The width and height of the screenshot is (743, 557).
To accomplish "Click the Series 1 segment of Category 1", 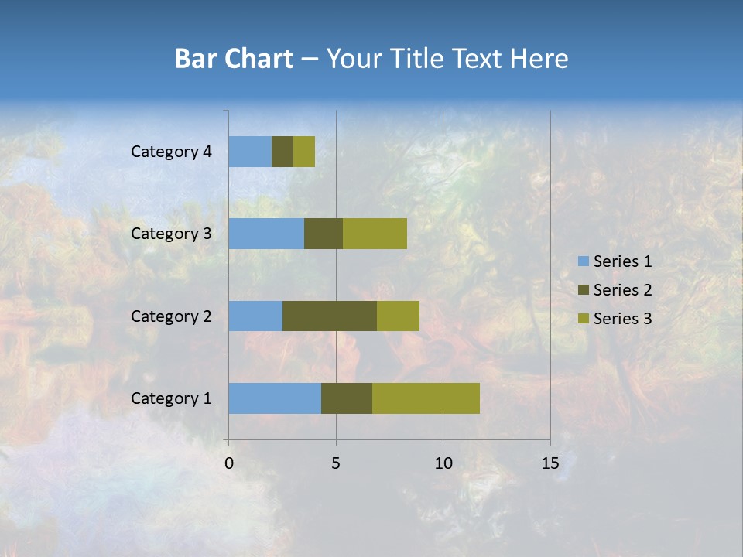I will click(275, 398).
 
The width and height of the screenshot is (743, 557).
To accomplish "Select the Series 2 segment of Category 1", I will click(347, 398).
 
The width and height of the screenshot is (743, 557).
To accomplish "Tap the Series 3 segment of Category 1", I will click(426, 398).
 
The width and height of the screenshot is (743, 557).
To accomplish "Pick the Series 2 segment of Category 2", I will click(330, 316).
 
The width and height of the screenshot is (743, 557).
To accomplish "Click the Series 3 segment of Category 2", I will click(398, 316).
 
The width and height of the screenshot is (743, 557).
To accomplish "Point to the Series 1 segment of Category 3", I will click(266, 234).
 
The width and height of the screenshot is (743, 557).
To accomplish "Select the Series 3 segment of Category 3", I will click(375, 234).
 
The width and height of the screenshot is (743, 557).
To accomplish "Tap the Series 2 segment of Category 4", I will click(282, 152).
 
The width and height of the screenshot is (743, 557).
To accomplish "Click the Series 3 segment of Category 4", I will click(304, 152).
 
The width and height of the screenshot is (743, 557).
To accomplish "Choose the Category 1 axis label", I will click(170, 398).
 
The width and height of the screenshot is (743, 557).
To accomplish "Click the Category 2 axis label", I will click(170, 316).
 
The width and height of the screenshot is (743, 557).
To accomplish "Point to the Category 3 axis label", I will click(170, 234).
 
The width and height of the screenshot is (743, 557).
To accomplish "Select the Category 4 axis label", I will click(170, 152).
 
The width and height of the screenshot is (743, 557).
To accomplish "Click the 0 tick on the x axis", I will click(229, 463).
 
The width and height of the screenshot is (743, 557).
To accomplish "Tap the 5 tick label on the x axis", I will click(336, 463).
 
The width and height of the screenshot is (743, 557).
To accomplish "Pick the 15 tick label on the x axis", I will click(550, 463).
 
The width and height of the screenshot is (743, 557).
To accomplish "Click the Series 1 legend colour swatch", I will click(583, 261).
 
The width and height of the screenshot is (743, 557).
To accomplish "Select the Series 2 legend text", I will click(622, 290).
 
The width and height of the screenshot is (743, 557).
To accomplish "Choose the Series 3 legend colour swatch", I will click(583, 319).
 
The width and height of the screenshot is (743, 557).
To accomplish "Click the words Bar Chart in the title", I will click(234, 59).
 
